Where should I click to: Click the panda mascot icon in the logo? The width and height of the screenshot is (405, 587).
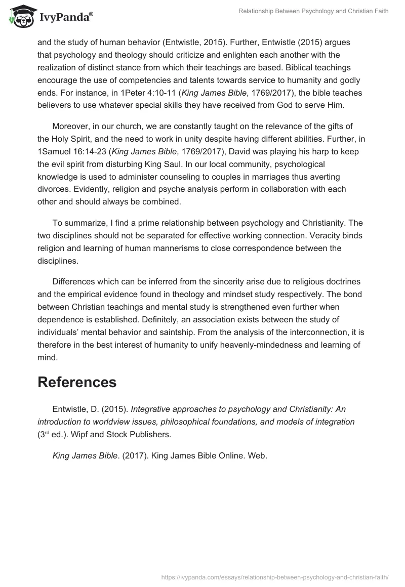pyautogui.click(x=20, y=16)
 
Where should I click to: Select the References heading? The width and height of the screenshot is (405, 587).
pyautogui.click(x=77, y=382)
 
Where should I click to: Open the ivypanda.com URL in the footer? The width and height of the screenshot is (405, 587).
pyautogui.click(x=274, y=576)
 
